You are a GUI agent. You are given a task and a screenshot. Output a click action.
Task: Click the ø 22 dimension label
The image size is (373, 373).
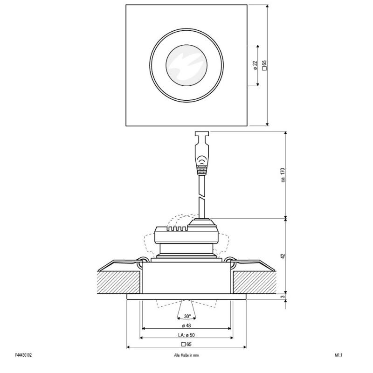255,65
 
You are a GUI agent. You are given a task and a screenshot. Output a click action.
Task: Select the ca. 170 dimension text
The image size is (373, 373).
283,175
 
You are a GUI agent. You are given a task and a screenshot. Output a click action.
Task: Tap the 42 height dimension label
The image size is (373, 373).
283,256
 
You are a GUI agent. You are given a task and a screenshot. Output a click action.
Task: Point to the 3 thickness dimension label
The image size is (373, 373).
283,297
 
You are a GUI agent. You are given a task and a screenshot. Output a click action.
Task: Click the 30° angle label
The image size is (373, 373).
187,317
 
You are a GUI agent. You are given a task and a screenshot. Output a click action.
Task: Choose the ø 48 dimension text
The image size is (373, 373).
186,325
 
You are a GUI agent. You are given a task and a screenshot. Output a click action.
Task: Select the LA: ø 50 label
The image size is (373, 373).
186,335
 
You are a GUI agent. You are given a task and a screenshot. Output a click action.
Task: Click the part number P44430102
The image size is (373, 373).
23,355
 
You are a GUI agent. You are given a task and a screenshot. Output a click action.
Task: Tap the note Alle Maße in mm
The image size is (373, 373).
186,355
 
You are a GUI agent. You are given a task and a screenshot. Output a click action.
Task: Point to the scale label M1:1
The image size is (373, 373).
338,355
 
